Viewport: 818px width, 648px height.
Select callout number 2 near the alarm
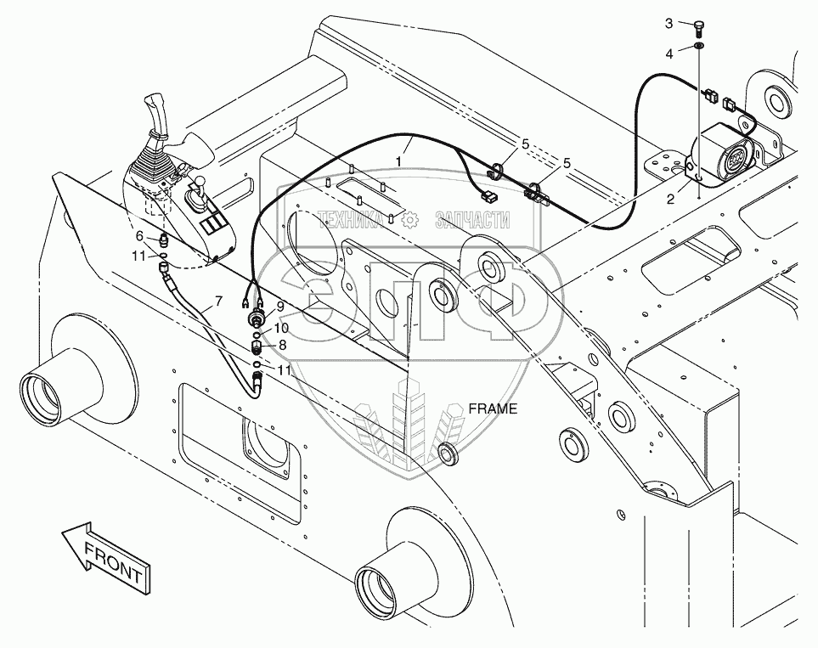click(670, 199)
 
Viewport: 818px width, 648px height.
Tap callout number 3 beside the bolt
click(669, 22)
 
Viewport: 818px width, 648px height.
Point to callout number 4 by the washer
click(669, 53)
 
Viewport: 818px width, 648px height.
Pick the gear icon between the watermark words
click(410, 221)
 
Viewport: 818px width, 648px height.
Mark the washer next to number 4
click(698, 45)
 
